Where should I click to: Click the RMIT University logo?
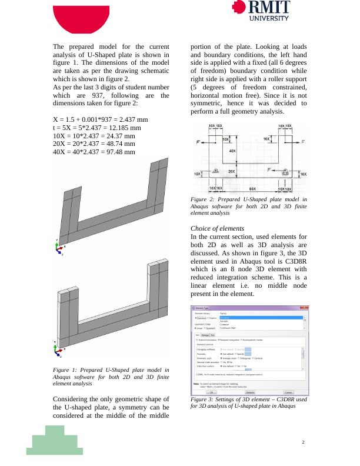click(261, 10)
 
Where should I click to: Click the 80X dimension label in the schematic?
click(252, 188)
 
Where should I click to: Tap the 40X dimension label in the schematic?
click(232, 151)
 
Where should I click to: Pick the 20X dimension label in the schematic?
click(232, 172)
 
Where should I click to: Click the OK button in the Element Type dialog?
click(211, 392)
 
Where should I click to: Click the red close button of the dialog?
click(306, 308)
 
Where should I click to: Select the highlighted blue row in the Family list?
click(262, 318)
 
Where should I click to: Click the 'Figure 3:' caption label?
click(202, 400)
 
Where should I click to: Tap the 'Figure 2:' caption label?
click(202, 200)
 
